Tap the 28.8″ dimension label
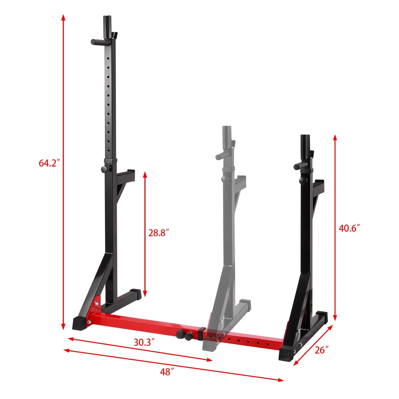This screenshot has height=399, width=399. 159,233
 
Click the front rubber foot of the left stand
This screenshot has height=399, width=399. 80,323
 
